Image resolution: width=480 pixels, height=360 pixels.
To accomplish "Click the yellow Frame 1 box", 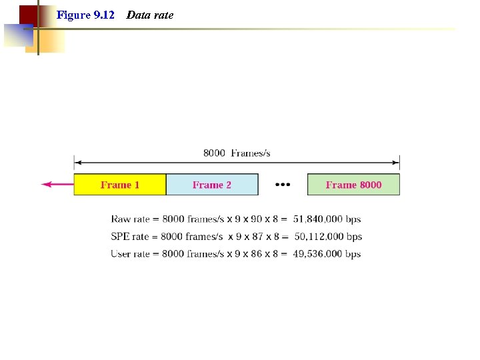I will [x=120, y=185].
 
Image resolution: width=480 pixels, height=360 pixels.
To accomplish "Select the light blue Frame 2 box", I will [x=212, y=185].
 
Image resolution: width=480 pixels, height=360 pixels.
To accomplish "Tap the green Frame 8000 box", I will [x=353, y=185].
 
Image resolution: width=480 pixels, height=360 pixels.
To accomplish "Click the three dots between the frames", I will [x=283, y=185].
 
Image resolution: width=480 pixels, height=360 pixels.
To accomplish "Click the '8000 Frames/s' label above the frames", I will [x=237, y=153].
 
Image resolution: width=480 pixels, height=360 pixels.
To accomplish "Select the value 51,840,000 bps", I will [x=327, y=219].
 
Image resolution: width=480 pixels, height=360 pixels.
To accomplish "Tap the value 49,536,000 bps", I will [x=327, y=254].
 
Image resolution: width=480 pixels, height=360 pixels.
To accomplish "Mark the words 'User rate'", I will [x=130, y=254].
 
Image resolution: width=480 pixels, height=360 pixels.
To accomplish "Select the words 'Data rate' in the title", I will [x=150, y=15].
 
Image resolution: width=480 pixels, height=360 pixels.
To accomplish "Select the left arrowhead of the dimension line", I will [x=77, y=162].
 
